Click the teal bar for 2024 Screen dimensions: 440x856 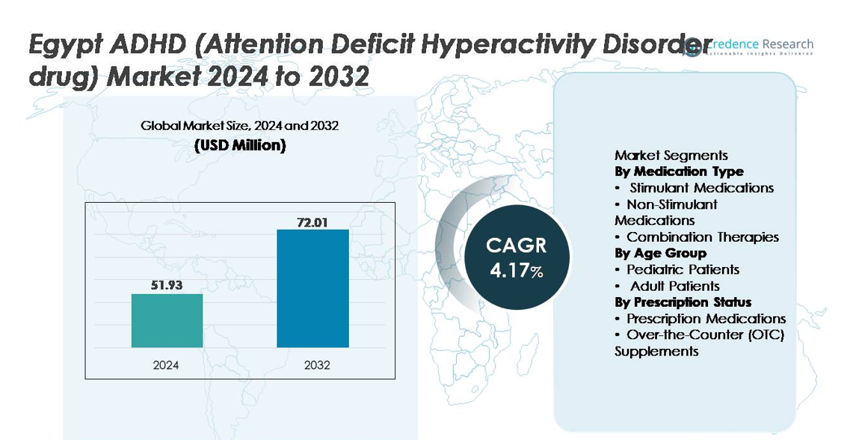167,320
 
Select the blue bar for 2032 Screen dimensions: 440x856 312,288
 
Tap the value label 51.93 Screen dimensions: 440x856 167,285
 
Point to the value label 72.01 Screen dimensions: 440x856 312,221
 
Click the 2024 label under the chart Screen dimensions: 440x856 166,365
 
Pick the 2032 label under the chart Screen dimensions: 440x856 312,365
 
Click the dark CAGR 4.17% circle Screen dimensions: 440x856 517,257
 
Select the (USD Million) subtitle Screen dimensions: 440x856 239,146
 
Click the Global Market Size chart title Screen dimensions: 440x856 239,126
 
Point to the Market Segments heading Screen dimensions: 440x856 671,156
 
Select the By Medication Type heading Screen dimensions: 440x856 679,171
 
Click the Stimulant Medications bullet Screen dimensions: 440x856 701,188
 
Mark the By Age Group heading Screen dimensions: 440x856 660,253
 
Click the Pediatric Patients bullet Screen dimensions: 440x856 683,269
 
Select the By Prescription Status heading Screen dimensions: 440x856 683,302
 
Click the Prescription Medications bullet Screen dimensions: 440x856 706,319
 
